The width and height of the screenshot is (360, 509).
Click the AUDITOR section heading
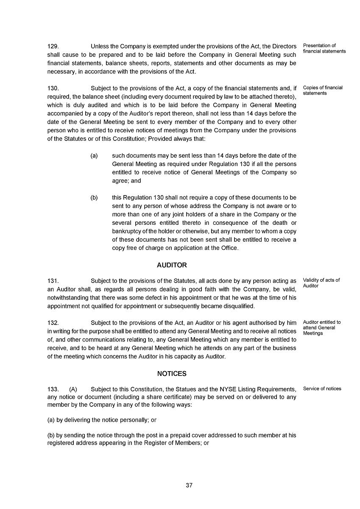172,265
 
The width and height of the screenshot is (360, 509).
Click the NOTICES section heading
172,374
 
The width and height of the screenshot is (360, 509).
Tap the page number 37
189,486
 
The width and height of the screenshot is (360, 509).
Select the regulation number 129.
53,46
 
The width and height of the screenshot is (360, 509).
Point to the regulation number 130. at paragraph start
53,88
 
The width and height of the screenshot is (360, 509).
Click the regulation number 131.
53,281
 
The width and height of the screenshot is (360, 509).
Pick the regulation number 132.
53,323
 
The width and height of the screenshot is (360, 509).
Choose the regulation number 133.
53,389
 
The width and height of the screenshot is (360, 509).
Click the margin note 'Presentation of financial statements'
324,48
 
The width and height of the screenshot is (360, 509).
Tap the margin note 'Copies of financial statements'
323,90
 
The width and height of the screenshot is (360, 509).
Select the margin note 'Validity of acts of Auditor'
321,283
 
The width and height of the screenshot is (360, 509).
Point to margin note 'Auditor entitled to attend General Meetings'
322,327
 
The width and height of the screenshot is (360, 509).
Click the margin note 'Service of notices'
322,389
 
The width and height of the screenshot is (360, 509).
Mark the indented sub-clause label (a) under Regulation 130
94,156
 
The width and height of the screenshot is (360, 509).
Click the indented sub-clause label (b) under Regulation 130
94,198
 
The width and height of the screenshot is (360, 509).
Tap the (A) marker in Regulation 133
73,389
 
